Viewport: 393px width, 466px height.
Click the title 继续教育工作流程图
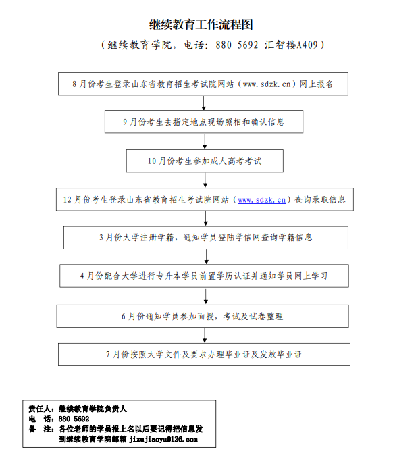point(201,25)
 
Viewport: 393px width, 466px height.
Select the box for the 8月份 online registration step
point(203,84)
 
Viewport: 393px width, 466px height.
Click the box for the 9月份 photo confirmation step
point(204,122)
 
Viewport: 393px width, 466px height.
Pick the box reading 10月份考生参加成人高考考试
point(205,161)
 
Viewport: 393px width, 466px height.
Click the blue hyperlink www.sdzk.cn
point(262,200)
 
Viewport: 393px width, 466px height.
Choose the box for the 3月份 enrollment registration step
point(206,238)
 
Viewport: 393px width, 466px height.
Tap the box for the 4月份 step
point(204,276)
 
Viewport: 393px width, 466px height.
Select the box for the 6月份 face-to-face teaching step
point(203,316)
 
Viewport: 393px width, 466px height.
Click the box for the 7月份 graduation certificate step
point(204,355)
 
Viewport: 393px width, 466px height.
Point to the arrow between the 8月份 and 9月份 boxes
point(203,103)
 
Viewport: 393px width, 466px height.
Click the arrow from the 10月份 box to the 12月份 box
point(205,180)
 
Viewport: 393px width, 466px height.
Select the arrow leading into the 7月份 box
point(205,335)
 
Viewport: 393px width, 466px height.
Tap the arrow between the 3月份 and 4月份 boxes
point(206,257)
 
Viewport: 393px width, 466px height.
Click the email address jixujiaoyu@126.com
point(163,439)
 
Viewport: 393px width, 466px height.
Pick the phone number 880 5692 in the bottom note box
point(74,419)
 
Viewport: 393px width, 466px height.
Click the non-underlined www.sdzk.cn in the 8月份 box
point(267,84)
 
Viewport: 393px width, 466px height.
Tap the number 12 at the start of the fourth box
point(67,200)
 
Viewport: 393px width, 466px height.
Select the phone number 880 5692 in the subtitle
point(237,45)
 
